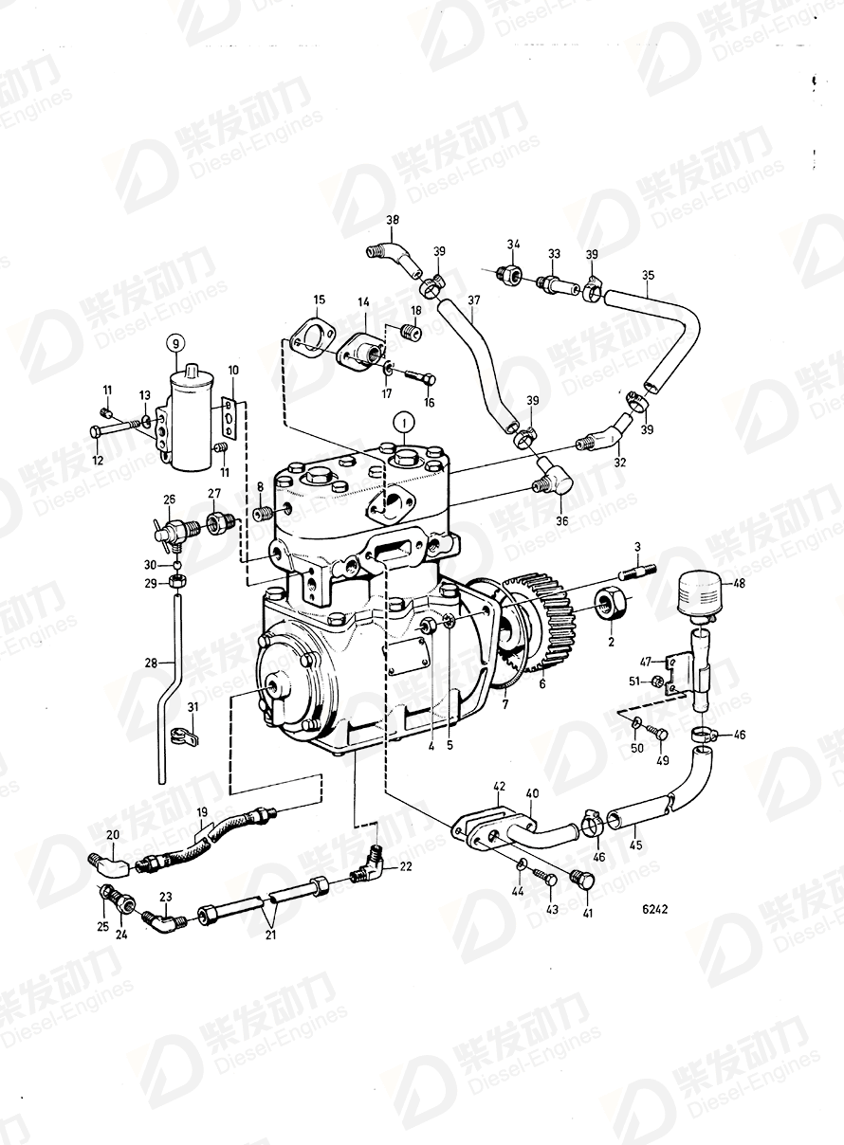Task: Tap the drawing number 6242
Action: pos(654,908)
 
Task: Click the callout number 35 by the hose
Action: pos(648,277)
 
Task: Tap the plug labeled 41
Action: pos(583,882)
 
